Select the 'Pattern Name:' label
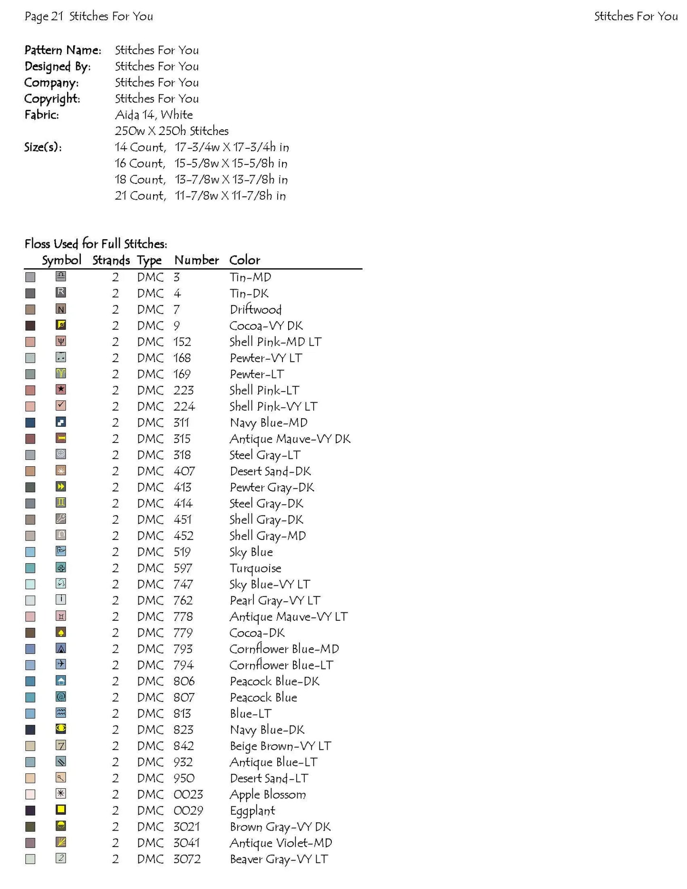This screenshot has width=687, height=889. pos(63,50)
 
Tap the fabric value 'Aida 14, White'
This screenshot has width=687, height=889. pos(154,115)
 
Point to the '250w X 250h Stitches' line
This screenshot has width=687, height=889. pos(171,131)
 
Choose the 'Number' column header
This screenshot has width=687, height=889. pos(196,261)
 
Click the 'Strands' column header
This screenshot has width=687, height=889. pos(111,261)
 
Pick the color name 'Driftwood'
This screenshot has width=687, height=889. pos(256,310)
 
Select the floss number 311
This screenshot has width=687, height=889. pos(181,423)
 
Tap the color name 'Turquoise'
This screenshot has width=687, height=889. pos(255,569)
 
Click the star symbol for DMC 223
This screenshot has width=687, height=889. pos(61,390)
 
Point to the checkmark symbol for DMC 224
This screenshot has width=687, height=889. pos(61,406)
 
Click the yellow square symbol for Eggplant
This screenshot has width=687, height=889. pos(61,810)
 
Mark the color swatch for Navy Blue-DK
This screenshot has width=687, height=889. pos(30,730)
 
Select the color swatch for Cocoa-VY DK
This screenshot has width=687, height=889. pos(30,326)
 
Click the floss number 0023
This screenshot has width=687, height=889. pos(188,795)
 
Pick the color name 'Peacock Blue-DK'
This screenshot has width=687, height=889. pos(274,682)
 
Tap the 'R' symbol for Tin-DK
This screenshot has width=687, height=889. pos(61,293)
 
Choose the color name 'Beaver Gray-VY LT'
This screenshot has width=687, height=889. pos(279,860)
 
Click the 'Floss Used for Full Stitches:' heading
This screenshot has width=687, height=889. pos(96,244)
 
